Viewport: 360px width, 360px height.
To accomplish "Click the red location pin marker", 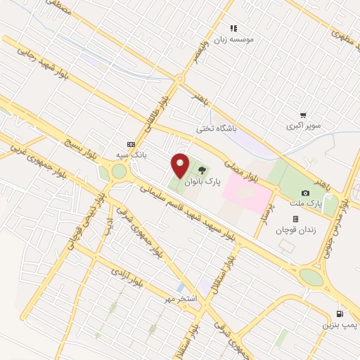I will (181, 165).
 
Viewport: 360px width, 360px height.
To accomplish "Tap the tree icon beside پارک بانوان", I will (202, 169).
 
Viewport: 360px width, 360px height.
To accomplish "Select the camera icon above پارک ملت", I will (305, 193).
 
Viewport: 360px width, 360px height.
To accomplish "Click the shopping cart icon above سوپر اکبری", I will (303, 115).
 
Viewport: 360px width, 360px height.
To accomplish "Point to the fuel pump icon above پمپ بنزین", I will (340, 314).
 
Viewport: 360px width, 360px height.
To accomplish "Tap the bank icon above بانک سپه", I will (129, 142).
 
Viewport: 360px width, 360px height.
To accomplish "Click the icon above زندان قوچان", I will (295, 218).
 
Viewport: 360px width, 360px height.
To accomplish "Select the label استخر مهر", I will (179, 300).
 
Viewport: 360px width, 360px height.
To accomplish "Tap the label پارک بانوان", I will (202, 181).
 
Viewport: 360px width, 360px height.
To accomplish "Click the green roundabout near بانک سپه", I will (119, 171).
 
